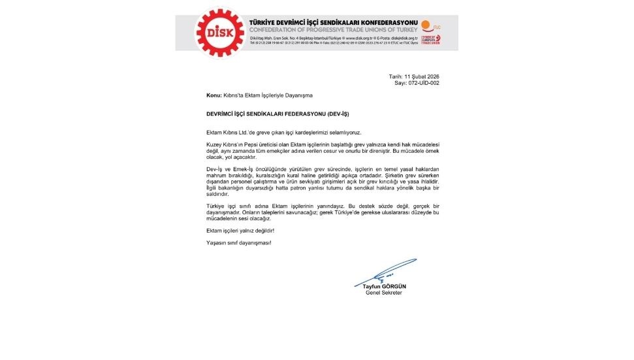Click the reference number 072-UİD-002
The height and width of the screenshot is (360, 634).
click(424, 83)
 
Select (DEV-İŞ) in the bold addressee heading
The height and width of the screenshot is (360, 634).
click(335, 114)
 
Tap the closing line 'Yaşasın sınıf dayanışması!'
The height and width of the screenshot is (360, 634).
click(238, 243)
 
